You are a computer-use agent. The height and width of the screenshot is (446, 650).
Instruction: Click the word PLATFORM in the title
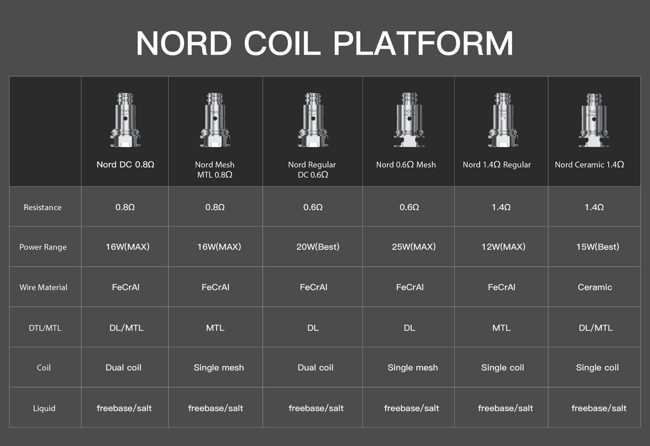tap(423, 43)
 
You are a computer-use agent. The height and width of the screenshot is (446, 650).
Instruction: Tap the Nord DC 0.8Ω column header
tap(125, 164)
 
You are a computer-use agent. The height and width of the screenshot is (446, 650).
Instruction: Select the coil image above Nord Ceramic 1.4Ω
tap(594, 120)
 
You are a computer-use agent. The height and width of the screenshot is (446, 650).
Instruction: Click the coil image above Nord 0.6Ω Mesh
tap(409, 120)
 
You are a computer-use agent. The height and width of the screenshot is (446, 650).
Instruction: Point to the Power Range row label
tap(43, 247)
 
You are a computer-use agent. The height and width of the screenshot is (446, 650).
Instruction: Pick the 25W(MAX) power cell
tap(413, 247)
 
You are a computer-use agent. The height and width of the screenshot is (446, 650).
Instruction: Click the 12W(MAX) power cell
tap(503, 247)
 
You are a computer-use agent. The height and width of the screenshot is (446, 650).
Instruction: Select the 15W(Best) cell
tap(597, 247)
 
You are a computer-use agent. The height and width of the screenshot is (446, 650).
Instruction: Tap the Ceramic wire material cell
tap(595, 287)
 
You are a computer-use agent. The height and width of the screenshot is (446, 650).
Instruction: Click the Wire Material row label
tap(43, 287)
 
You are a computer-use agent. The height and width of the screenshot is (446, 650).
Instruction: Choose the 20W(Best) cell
tap(318, 247)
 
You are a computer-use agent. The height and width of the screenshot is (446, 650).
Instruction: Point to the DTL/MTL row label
tap(45, 328)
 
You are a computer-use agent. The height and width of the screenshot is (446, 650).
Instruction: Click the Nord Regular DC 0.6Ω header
tap(312, 170)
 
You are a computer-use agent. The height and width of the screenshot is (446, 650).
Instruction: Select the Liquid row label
tap(44, 408)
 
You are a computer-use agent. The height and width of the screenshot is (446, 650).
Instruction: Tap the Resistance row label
tap(42, 207)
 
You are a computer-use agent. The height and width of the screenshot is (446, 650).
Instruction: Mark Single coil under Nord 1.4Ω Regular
tap(502, 368)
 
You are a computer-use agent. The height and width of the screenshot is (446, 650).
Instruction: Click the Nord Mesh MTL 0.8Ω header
tap(215, 170)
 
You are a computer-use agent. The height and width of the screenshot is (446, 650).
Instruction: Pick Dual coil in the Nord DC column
tap(123, 368)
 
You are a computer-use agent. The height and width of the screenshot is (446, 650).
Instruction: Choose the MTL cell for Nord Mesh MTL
tap(215, 328)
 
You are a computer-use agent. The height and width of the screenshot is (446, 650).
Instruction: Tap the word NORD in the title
tap(184, 43)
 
